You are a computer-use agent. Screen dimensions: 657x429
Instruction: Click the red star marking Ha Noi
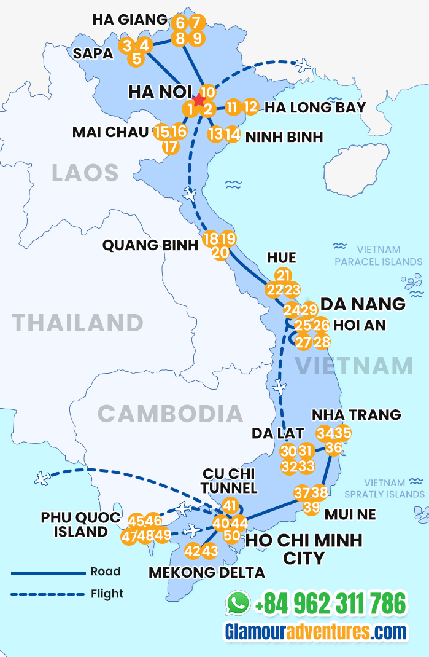(x=199, y=100)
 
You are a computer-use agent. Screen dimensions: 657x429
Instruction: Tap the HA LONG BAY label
(x=315, y=108)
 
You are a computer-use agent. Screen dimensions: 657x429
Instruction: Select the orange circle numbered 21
(x=284, y=275)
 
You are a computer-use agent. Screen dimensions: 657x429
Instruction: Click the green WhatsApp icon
(x=238, y=603)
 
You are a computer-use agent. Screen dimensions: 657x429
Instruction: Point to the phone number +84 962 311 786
(x=330, y=604)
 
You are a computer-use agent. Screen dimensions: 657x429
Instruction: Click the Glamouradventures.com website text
(x=315, y=632)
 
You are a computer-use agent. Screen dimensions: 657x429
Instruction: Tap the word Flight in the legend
(x=107, y=594)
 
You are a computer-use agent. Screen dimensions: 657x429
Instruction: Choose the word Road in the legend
(x=106, y=572)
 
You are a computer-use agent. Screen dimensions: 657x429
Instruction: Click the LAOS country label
(x=85, y=173)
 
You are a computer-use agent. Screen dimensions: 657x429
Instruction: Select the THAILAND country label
(x=78, y=323)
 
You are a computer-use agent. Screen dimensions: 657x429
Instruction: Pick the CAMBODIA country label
(x=171, y=414)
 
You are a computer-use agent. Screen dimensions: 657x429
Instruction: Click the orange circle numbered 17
(x=171, y=147)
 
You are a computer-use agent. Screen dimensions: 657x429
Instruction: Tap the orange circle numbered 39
(x=312, y=507)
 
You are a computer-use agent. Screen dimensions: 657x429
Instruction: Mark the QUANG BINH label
(x=150, y=245)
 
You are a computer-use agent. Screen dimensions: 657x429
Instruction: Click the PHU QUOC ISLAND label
(x=80, y=524)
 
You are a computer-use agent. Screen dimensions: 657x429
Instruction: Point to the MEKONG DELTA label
(x=207, y=573)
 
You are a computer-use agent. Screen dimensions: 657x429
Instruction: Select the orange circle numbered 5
(x=136, y=59)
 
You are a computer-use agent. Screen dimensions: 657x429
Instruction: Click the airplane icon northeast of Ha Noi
(x=302, y=64)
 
